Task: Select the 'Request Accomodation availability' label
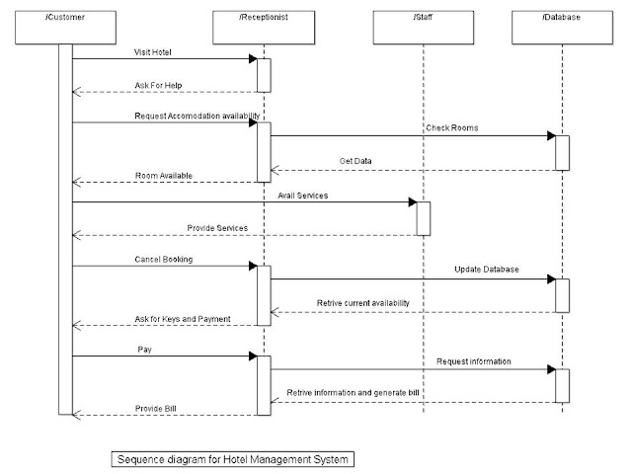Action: tap(197, 116)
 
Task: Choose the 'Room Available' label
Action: tap(164, 175)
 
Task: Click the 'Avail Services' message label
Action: tap(302, 195)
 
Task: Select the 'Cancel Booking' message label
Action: tap(164, 259)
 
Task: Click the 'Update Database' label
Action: tap(488, 269)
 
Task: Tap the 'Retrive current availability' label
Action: tap(363, 302)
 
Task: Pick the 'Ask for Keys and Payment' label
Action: tap(183, 318)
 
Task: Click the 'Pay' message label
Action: tap(144, 350)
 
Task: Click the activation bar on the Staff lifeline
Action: tap(423, 218)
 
